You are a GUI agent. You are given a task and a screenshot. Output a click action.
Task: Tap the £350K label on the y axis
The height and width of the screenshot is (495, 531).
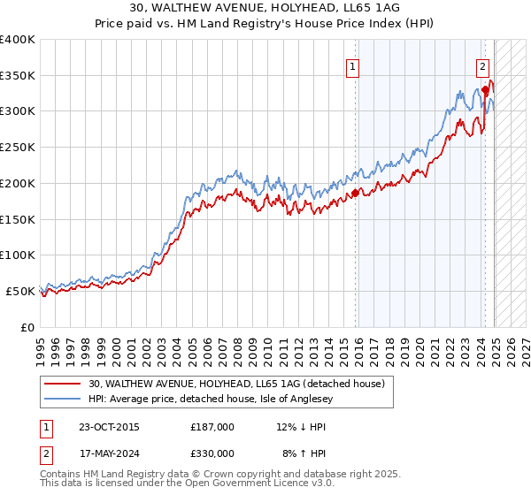[18, 76]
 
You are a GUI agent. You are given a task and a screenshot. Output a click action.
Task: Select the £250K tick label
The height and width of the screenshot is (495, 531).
[18, 148]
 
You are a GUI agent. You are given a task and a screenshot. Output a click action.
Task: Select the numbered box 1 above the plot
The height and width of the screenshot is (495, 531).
[353, 65]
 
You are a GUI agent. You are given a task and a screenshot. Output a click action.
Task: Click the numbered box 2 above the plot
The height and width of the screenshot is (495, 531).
[483, 65]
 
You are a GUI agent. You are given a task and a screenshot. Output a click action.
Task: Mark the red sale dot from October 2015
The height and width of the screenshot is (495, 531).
[355, 192]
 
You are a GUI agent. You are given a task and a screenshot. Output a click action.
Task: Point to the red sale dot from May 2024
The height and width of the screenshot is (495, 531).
[485, 90]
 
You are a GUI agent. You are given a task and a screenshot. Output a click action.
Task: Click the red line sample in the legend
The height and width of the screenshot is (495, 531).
[63, 385]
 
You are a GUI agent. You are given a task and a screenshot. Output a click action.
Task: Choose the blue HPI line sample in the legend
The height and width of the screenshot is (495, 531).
[63, 399]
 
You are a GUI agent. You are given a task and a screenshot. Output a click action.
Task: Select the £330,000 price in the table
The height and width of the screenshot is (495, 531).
[212, 453]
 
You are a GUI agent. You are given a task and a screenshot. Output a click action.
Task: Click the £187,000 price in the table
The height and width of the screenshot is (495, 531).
[212, 426]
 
